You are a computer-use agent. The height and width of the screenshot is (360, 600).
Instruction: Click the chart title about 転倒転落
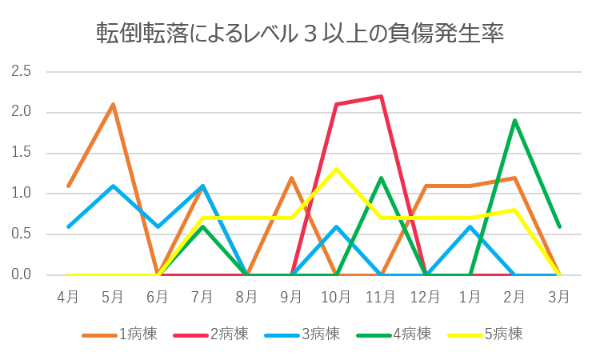point(300,33)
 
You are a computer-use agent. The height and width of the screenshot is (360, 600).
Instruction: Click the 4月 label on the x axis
point(68,297)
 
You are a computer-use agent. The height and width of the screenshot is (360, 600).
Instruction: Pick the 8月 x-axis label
point(246,297)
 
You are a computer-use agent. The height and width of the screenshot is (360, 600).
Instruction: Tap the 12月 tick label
point(425,297)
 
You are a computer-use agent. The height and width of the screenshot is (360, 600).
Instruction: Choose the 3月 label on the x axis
point(559,297)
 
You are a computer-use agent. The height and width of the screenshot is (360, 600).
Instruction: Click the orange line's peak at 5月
point(113,104)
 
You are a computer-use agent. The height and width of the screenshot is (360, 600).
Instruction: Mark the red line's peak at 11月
point(381,96)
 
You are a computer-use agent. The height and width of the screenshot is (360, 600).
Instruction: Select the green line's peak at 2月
point(514,120)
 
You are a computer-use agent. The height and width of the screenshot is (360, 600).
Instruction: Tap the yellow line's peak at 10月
point(336,169)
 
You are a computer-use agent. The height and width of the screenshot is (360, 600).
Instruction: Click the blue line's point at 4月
point(68,226)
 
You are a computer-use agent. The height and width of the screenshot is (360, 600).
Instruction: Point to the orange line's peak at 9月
point(291,177)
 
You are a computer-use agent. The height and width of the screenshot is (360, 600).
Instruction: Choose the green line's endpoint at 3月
point(559,226)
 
